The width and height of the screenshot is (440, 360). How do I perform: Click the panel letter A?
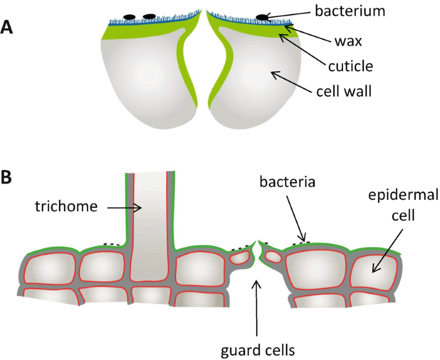pyautogui.click(x=7, y=27)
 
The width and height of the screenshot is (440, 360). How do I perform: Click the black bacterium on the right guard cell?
pyautogui.click(x=261, y=18)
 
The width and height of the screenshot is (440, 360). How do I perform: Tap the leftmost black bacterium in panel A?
pyautogui.click(x=129, y=17)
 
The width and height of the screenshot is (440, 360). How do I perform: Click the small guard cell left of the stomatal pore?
pyautogui.click(x=242, y=257)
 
